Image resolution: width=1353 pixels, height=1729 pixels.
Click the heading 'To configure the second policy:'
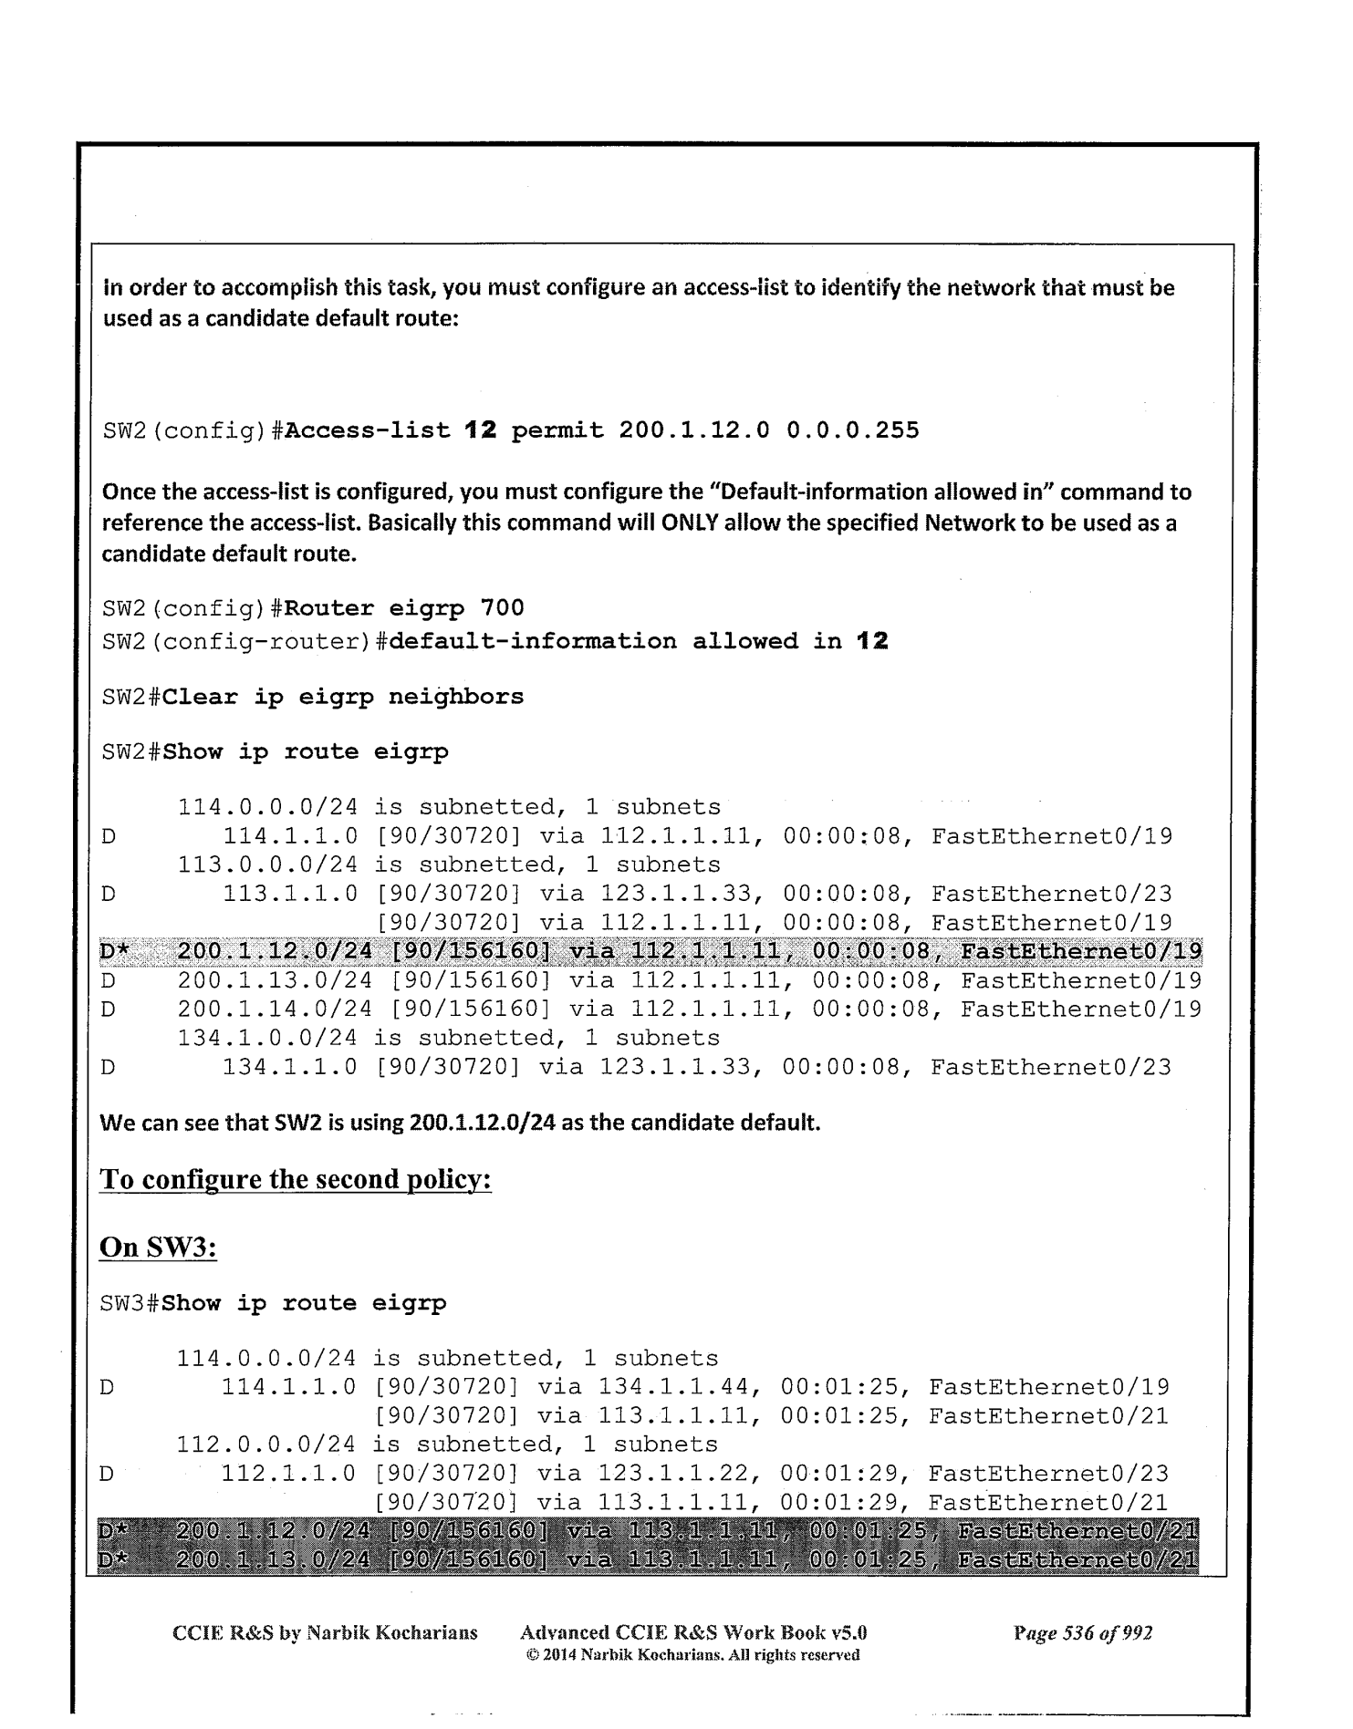point(296,1180)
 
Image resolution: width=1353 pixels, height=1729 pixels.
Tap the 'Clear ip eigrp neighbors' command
point(343,698)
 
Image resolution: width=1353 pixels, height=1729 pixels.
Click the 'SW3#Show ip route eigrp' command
point(273,1304)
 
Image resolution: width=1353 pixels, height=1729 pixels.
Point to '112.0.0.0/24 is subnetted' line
point(446,1445)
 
